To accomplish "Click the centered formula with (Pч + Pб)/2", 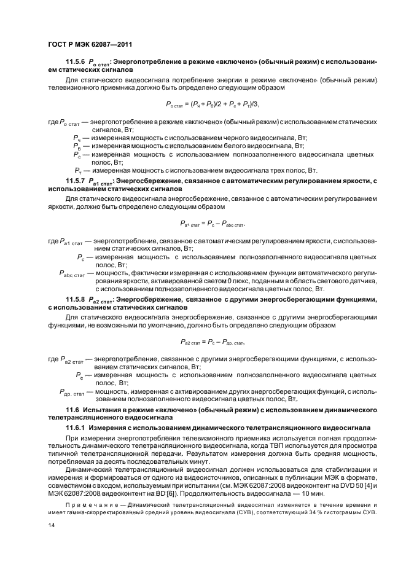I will point(208,104).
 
